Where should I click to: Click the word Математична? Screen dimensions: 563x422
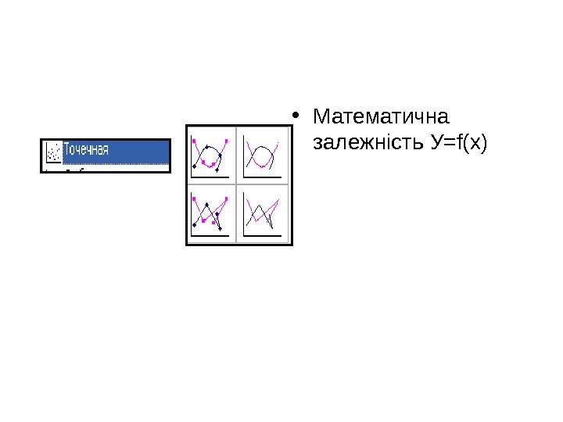pyautogui.click(x=380, y=118)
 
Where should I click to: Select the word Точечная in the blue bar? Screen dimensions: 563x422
pyautogui.click(x=86, y=148)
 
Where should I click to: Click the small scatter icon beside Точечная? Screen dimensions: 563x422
pyautogui.click(x=53, y=149)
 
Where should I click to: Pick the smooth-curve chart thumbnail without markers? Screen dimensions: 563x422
pyautogui.click(x=264, y=154)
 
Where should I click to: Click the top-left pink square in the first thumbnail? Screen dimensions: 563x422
pyautogui.click(x=195, y=141)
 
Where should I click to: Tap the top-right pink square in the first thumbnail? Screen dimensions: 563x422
pyautogui.click(x=226, y=141)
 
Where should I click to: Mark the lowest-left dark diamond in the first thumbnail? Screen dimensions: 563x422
pyautogui.click(x=195, y=166)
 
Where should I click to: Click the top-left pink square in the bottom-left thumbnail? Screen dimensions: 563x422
pyautogui.click(x=194, y=198)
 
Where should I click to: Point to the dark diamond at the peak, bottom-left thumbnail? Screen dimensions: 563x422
pyautogui.click(x=206, y=205)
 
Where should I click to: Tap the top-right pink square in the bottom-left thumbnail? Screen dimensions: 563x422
pyautogui.click(x=227, y=199)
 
